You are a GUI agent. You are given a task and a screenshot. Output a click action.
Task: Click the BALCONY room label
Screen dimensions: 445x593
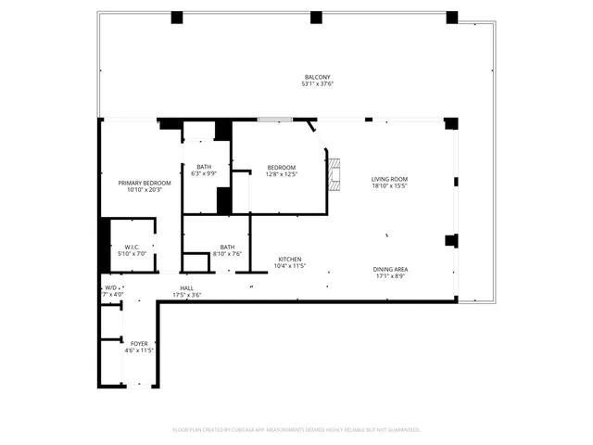[318, 77]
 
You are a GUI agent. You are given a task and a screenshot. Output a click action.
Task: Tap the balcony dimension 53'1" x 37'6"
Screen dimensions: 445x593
[318, 84]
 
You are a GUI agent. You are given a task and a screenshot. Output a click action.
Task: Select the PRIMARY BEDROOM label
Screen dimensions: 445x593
[140, 183]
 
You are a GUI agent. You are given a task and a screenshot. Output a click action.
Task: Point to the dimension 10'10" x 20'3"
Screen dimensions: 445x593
[140, 190]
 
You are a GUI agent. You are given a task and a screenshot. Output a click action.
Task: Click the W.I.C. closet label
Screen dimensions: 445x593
[131, 247]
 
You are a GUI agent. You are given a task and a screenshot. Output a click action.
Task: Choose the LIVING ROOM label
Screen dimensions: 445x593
[389, 179]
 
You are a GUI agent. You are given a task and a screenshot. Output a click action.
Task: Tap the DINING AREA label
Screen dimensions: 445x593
[390, 269]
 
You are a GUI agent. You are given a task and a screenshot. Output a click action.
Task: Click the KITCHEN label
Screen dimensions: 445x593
[290, 259]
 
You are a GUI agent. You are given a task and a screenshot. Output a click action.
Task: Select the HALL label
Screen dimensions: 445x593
[187, 288]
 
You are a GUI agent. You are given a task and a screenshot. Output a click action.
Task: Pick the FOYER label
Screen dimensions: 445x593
[138, 343]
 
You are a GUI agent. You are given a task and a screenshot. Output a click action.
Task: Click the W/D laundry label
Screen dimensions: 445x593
[110, 288]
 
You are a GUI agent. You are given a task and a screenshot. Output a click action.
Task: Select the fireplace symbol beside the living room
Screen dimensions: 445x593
[334, 173]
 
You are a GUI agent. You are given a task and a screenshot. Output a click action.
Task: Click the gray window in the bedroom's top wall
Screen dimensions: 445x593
[274, 119]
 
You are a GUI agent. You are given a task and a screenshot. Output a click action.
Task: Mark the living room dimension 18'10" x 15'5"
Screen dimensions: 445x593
[389, 186]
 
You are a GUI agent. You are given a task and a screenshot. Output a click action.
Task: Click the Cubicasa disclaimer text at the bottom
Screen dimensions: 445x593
[296, 429]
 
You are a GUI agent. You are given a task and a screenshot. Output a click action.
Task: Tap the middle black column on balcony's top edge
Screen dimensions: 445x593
[316, 17]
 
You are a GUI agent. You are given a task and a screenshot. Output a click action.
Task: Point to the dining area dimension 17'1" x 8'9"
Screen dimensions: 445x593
[390, 276]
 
